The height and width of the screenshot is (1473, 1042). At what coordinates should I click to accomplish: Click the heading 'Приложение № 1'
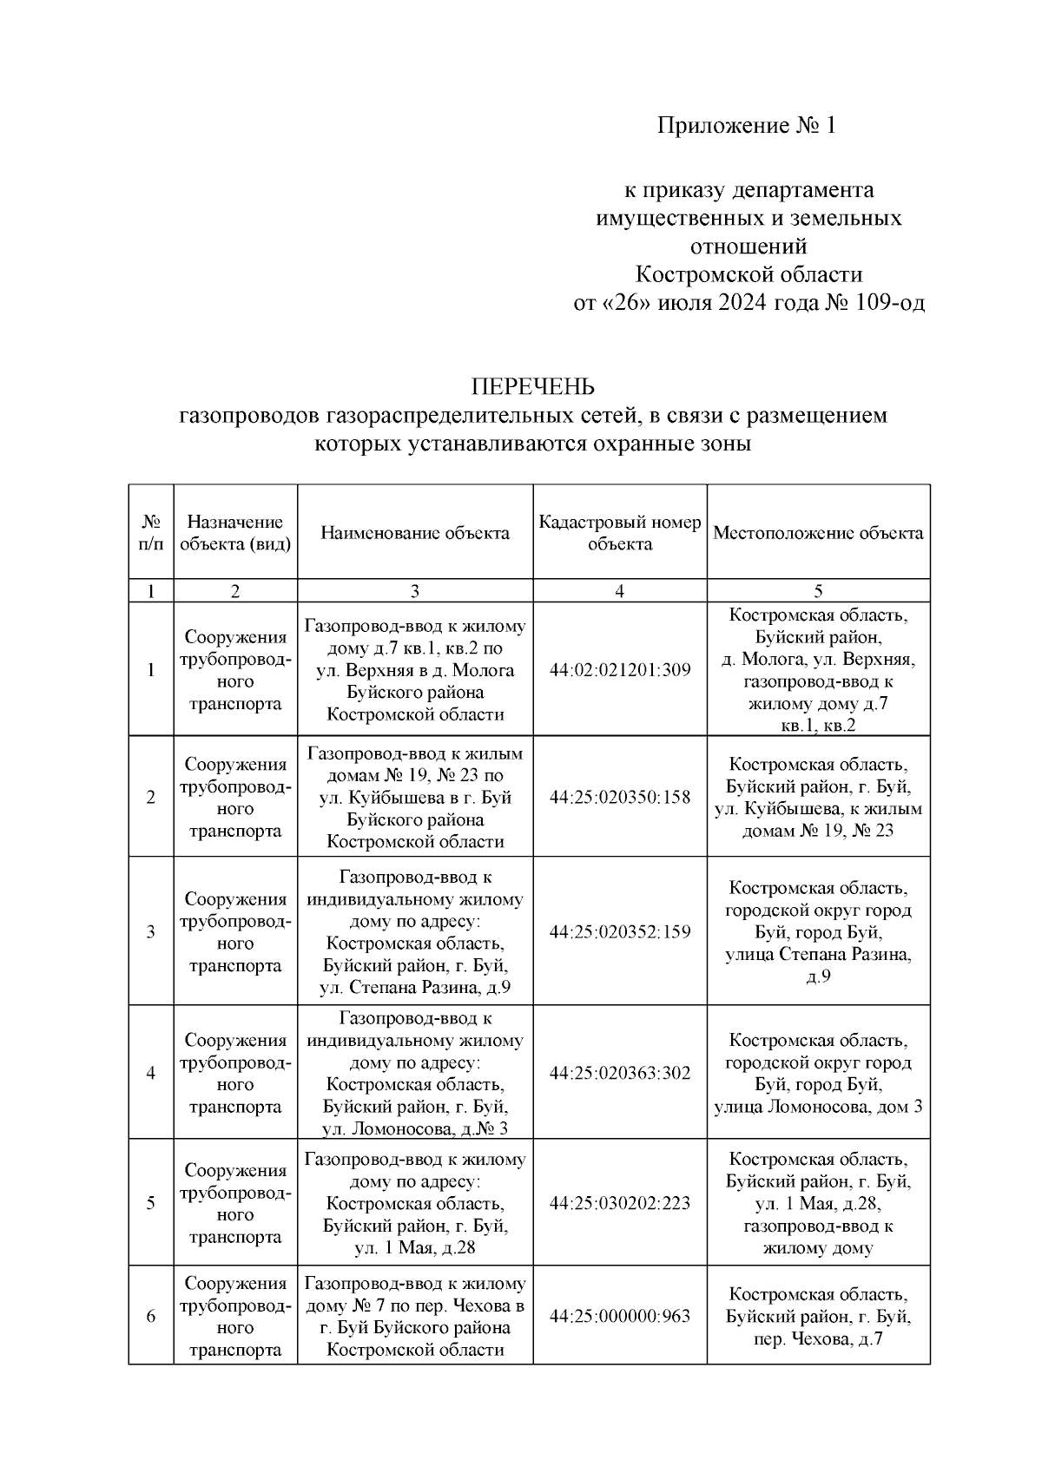746,127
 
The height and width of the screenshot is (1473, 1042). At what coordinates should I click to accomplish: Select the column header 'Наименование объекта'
415,533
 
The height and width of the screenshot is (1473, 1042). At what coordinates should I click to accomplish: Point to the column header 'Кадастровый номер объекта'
619,533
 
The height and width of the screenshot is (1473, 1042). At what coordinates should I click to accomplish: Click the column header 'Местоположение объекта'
818,533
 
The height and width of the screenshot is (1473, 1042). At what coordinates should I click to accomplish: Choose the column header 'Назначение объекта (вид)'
235,533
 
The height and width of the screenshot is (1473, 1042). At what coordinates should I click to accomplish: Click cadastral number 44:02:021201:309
620,670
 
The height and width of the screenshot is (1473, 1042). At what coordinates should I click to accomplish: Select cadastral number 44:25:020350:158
620,797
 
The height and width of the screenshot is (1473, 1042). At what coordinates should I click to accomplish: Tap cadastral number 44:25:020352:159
620,932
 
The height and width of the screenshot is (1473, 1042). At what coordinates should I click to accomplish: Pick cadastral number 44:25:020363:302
620,1073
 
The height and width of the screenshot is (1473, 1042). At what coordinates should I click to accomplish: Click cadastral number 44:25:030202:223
620,1203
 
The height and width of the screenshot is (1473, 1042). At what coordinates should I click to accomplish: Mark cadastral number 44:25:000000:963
620,1316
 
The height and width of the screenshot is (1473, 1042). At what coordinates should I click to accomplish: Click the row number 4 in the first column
151,1073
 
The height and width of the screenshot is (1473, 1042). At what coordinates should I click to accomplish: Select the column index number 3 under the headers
415,591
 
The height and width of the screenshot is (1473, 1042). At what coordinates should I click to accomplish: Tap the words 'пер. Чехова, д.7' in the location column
818,1338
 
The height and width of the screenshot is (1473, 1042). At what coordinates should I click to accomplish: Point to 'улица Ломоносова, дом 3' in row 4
818,1107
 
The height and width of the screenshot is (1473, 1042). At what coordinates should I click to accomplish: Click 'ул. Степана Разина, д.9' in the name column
415,988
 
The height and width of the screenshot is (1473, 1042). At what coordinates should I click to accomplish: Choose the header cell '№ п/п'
151,533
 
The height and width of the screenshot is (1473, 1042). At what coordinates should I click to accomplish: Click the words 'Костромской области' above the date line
749,275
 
